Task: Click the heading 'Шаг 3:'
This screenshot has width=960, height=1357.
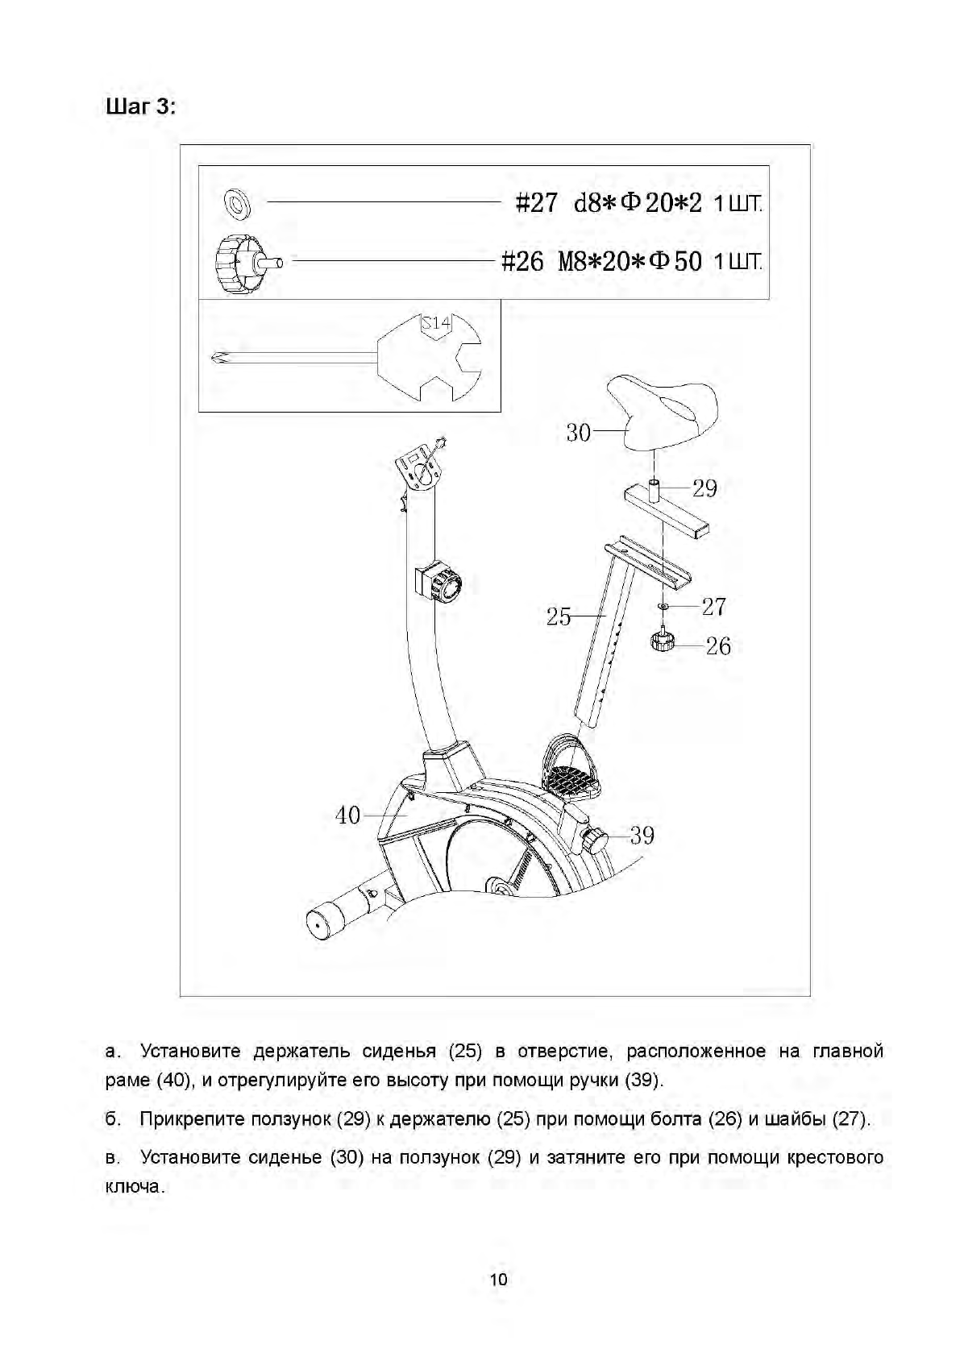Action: pos(140,106)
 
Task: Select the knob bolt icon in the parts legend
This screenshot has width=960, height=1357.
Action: pos(241,262)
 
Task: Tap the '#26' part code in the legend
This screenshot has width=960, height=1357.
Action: pos(522,262)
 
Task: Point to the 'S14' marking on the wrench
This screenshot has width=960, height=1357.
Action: pos(436,324)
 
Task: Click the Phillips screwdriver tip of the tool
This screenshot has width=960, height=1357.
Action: pos(217,359)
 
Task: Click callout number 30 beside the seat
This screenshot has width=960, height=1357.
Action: pos(579,433)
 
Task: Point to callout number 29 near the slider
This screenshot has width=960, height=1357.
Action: pos(704,488)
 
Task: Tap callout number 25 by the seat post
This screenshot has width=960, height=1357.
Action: pos(559,617)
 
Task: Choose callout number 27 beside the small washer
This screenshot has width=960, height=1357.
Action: pos(713,606)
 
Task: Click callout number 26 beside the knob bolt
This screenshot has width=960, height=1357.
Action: pos(718,645)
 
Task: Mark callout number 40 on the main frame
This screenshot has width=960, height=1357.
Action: pos(348,815)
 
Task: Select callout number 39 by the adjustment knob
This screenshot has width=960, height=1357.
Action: pos(642,835)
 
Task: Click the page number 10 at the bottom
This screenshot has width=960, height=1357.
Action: pos(499,1280)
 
